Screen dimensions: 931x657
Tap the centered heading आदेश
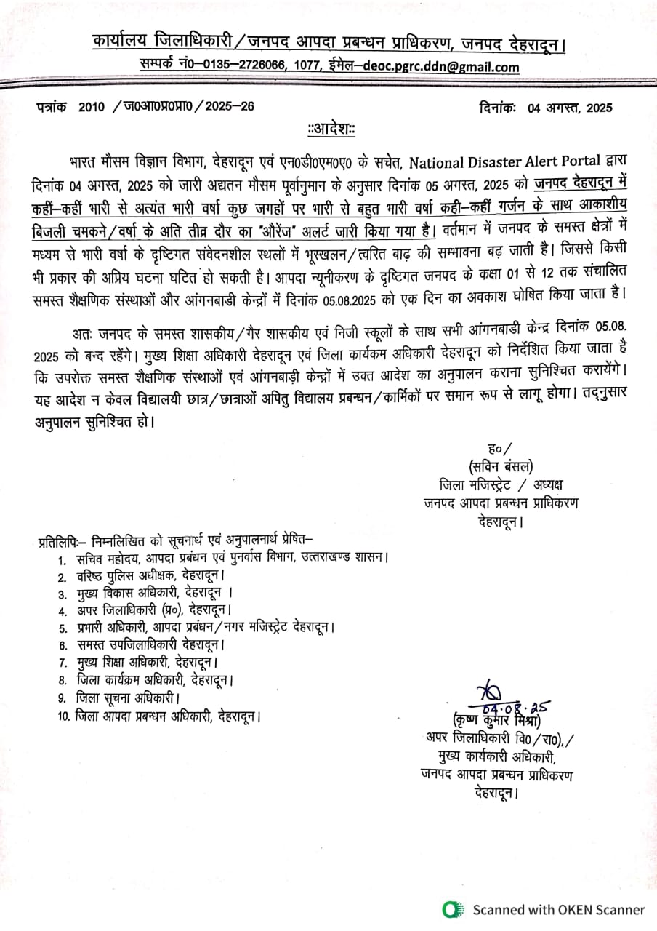click(x=331, y=129)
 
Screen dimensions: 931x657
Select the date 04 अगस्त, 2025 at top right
click(x=570, y=108)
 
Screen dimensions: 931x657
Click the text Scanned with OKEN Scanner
click(x=559, y=909)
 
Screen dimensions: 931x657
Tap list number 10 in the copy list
click(x=63, y=716)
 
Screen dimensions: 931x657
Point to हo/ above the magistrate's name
click(x=501, y=447)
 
